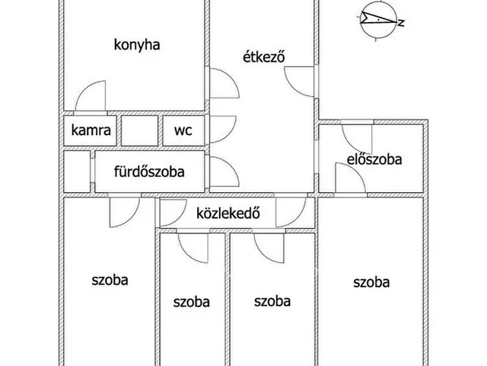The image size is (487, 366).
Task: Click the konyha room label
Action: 137,45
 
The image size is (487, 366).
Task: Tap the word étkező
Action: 264,57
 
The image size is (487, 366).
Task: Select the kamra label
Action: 91,130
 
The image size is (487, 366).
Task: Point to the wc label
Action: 183,130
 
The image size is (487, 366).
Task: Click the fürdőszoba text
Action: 149,172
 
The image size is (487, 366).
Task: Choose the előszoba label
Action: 374,159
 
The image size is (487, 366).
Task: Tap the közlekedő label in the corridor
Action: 228,213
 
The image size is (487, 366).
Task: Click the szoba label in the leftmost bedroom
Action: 110,280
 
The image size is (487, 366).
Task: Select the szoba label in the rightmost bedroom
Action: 371,282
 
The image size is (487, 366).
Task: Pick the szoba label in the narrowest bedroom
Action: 191,302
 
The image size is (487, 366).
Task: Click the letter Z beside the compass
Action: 401,22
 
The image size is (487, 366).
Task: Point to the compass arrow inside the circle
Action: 378,18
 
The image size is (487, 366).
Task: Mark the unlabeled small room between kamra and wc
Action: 139,130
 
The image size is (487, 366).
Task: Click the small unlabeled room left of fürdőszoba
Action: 77,172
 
